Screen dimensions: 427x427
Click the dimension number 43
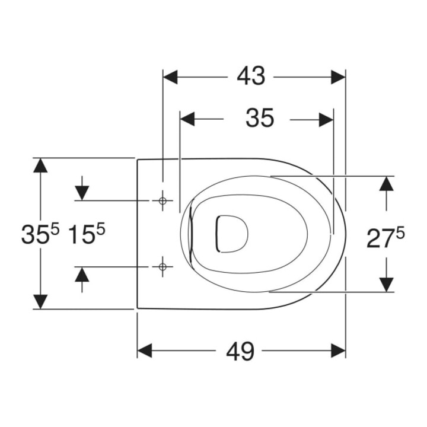tap(251, 77)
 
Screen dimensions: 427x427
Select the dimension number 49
tap(240, 351)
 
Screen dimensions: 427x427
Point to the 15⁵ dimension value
tap(87, 234)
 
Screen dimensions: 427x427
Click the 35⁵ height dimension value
tap(40, 234)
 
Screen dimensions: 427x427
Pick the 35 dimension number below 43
tap(260, 119)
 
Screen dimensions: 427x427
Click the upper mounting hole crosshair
tap(162, 200)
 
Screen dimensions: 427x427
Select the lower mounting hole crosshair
tap(162, 267)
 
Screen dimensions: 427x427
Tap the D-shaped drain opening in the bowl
tap(232, 234)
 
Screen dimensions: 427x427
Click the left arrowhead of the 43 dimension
tap(170, 77)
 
